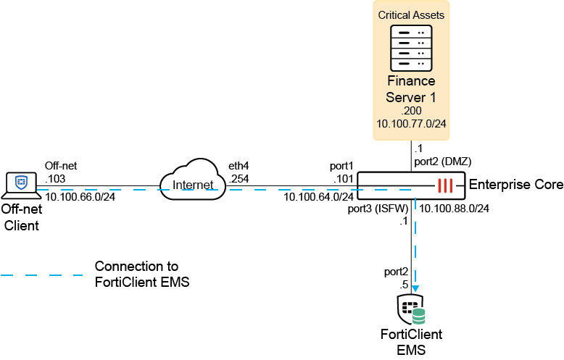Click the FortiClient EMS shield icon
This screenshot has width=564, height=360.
click(x=410, y=311)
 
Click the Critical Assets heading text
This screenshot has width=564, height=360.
click(x=411, y=14)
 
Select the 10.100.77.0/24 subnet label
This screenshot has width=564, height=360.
click(x=411, y=124)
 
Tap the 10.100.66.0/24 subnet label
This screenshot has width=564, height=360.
click(x=80, y=196)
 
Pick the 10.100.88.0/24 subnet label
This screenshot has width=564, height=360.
click(x=455, y=209)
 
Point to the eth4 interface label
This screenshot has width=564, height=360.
click(x=239, y=165)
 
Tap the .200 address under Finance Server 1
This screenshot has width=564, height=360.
click(x=411, y=110)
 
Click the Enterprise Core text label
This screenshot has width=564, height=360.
click(x=515, y=185)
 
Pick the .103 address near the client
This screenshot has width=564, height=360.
click(x=56, y=178)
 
